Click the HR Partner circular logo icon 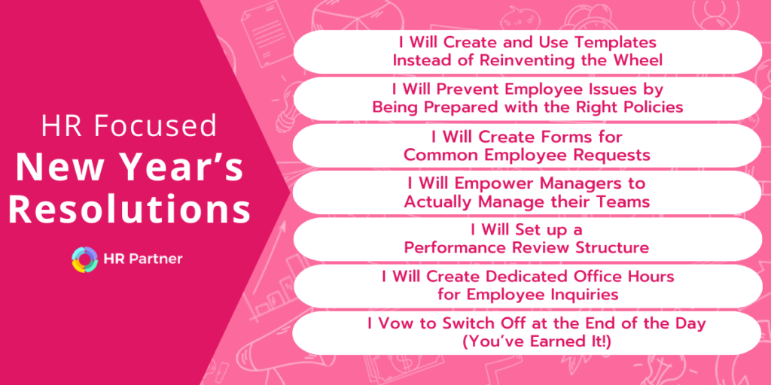84,259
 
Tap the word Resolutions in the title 130,210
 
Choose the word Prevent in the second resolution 462,89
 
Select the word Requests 610,154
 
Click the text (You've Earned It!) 528,341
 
